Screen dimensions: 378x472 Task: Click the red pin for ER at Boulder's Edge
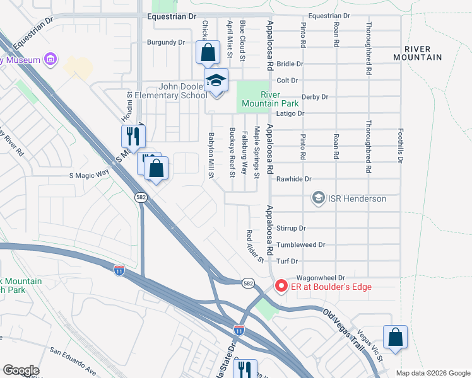[x=281, y=287]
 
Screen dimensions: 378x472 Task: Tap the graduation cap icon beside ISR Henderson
[x=319, y=198]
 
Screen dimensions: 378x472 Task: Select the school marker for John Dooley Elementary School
[x=215, y=81]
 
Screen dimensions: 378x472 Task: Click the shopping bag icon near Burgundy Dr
[x=208, y=53]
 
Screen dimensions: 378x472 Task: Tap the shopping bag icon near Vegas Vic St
[x=395, y=336]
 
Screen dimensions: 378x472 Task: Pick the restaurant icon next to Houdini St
[x=133, y=135]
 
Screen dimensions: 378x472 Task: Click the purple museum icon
[x=50, y=60]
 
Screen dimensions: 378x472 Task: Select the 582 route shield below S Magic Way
[x=141, y=197]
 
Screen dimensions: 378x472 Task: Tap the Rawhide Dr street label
[x=295, y=179]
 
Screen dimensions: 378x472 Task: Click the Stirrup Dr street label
[x=291, y=228]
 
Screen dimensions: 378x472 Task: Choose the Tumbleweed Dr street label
[x=300, y=244]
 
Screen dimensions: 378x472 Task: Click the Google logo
[x=21, y=370]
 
